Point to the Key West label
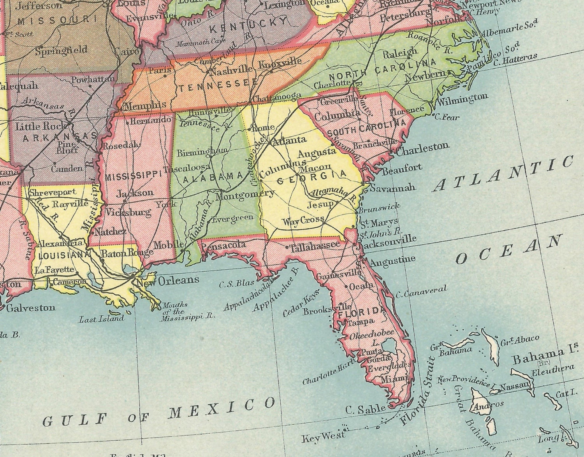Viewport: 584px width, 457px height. point(323,436)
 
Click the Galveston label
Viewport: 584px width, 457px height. point(31,308)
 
